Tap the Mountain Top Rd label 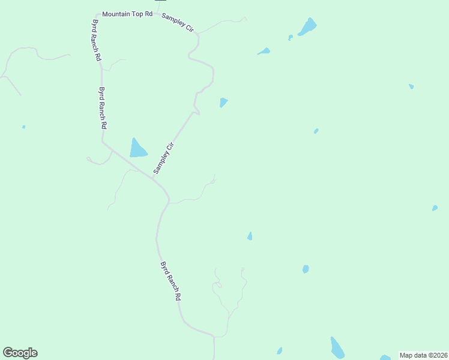[127, 13]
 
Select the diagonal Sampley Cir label [163, 158]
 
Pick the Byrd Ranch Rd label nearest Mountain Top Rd [96, 40]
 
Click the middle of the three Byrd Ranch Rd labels [103, 109]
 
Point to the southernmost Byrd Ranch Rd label [170, 281]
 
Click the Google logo [20, 353]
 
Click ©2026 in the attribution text [438, 355]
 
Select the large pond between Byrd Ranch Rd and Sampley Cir [137, 148]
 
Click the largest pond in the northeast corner [308, 26]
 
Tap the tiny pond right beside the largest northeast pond [291, 37]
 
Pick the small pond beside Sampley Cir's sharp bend [223, 102]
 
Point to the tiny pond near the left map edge [23, 127]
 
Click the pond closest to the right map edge [435, 208]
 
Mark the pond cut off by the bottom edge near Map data [385, 358]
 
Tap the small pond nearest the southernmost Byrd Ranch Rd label [250, 236]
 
